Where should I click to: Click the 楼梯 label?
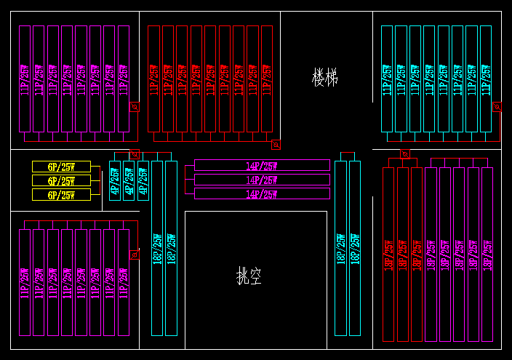coord(325,77)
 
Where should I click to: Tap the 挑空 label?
coord(249,276)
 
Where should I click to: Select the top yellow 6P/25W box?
coord(61,167)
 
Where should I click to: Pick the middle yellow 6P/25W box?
coord(61,180)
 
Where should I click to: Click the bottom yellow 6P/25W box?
coord(61,195)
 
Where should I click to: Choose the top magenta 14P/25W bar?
coord(262,166)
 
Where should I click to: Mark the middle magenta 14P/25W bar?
coord(262,180)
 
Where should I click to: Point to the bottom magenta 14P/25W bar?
coord(262,193)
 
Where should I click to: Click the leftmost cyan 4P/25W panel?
coord(115,181)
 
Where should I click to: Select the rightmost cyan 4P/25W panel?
coord(143,181)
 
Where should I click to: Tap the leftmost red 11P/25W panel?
coord(153,79)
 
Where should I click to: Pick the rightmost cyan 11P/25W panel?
coord(486,79)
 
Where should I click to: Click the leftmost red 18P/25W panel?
coord(389,254)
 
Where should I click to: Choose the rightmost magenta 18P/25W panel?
coord(487,254)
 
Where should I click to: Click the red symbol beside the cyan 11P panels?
coord(497,106)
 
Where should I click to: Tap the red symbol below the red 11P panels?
coord(275,144)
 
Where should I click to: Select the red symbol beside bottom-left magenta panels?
coord(134,255)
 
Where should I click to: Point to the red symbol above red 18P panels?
coord(404,154)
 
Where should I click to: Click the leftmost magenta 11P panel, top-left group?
coord(25,79)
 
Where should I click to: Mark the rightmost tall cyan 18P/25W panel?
coord(355,248)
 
